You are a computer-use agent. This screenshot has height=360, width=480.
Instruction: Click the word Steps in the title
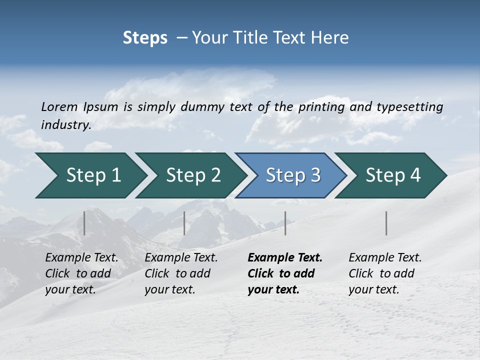[145, 38]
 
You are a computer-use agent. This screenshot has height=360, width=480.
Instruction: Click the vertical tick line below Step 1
[84, 223]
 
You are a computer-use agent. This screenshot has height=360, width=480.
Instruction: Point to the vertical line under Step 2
[184, 223]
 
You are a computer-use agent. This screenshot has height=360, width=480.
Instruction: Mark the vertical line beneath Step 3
[285, 223]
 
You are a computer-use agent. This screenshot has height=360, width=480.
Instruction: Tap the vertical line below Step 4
[386, 223]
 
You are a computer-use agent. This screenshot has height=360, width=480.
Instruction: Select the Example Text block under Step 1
[81, 273]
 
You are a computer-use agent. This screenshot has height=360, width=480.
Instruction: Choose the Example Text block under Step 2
[181, 273]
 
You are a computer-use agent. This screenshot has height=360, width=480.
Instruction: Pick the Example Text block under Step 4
[385, 273]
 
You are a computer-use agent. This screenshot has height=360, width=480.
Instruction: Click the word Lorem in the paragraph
[59, 107]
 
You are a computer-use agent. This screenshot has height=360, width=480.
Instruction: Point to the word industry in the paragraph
[66, 124]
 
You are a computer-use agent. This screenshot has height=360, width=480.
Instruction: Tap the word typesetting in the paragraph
[409, 107]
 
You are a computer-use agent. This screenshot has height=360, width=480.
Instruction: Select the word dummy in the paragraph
[202, 107]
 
